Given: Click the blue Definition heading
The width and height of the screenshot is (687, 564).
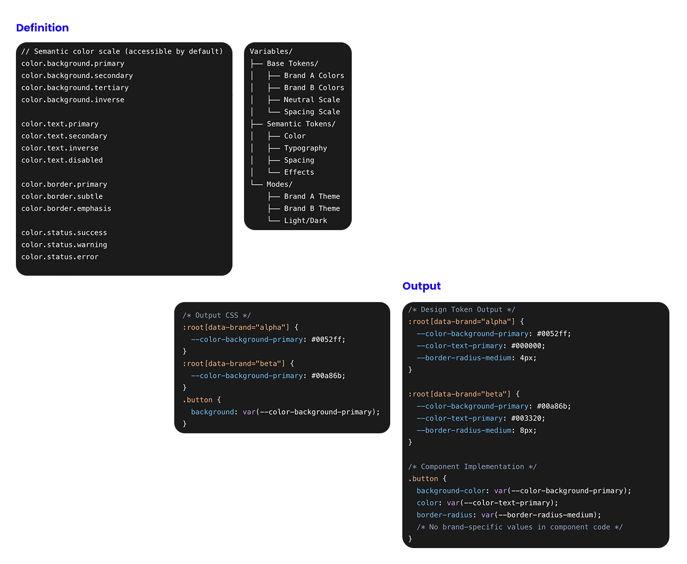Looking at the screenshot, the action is pyautogui.click(x=42, y=27).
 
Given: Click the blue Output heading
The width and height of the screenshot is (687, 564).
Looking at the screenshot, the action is pyautogui.click(x=421, y=286).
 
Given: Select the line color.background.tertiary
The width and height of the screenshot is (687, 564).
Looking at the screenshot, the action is pyautogui.click(x=75, y=87).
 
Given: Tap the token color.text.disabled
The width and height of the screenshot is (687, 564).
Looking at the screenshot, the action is pyautogui.click(x=62, y=160).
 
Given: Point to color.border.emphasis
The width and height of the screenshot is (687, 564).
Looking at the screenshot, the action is pyautogui.click(x=66, y=208).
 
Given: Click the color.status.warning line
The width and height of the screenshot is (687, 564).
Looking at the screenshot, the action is pyautogui.click(x=64, y=245).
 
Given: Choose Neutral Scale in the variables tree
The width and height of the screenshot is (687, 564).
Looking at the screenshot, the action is pyautogui.click(x=312, y=99).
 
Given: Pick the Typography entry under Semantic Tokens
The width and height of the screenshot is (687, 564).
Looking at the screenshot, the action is pyautogui.click(x=305, y=148).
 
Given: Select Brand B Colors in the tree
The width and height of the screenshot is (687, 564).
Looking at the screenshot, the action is pyautogui.click(x=314, y=87).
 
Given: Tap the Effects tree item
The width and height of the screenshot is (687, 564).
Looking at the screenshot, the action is pyautogui.click(x=299, y=172).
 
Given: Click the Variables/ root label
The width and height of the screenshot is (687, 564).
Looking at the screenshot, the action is pyautogui.click(x=271, y=52).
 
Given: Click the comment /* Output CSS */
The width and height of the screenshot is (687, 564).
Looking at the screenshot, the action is pyautogui.click(x=217, y=315).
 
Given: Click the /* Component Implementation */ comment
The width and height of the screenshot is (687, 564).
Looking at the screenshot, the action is pyautogui.click(x=472, y=466).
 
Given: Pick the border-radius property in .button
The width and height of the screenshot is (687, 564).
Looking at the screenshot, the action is pyautogui.click(x=444, y=515).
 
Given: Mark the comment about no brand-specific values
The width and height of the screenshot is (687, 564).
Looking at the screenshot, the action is pyautogui.click(x=519, y=527).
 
